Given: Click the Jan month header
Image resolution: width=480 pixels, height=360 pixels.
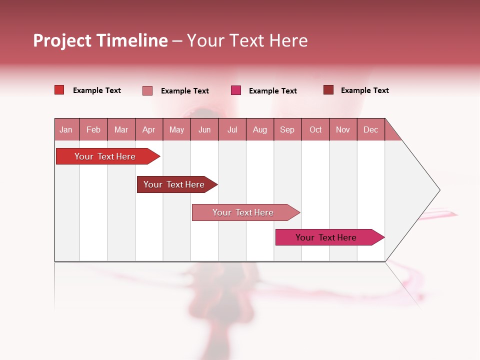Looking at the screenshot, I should [66, 129].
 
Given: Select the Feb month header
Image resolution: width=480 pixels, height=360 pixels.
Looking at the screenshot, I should [93, 129].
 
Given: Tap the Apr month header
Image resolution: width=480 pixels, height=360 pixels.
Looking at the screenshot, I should [148, 129].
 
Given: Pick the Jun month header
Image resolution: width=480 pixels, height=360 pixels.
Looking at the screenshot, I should [204, 129].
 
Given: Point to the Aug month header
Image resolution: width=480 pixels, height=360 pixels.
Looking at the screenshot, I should [259, 129].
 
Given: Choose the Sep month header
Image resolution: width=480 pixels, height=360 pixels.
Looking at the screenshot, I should [287, 129].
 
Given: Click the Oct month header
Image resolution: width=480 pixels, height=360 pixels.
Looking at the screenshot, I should [315, 129].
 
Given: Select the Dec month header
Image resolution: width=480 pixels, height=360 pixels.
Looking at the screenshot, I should [370, 129].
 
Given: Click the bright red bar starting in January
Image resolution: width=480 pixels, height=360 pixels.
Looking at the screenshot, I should [105, 156].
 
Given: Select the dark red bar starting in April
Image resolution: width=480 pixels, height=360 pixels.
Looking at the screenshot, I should [174, 184].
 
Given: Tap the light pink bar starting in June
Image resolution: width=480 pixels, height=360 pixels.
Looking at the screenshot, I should [243, 212].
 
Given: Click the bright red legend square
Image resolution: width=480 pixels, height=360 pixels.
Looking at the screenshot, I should [59, 90].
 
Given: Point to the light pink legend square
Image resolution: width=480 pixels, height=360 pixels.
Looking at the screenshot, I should [147, 90].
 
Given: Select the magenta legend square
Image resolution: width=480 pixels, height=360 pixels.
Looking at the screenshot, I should [236, 90].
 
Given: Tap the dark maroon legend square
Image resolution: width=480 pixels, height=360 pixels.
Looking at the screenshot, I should [328, 90].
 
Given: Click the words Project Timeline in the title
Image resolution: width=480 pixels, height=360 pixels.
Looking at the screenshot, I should [100, 40].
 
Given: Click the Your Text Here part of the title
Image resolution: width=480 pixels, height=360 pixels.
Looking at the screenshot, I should [247, 40].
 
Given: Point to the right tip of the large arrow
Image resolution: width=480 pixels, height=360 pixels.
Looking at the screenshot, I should [438, 190].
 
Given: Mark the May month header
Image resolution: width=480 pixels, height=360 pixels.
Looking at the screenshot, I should [176, 129].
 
